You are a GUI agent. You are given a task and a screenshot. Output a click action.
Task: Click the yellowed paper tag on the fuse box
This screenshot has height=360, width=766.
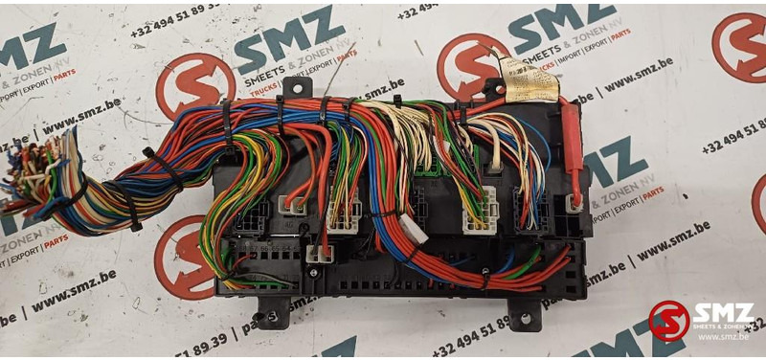(531, 79)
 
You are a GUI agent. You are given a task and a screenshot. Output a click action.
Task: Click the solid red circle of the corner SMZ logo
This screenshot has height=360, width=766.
(668, 320)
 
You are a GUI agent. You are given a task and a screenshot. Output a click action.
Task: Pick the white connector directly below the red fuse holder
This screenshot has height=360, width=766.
(574, 202)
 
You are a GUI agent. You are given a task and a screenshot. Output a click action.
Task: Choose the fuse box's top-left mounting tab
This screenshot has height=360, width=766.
(296, 87)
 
